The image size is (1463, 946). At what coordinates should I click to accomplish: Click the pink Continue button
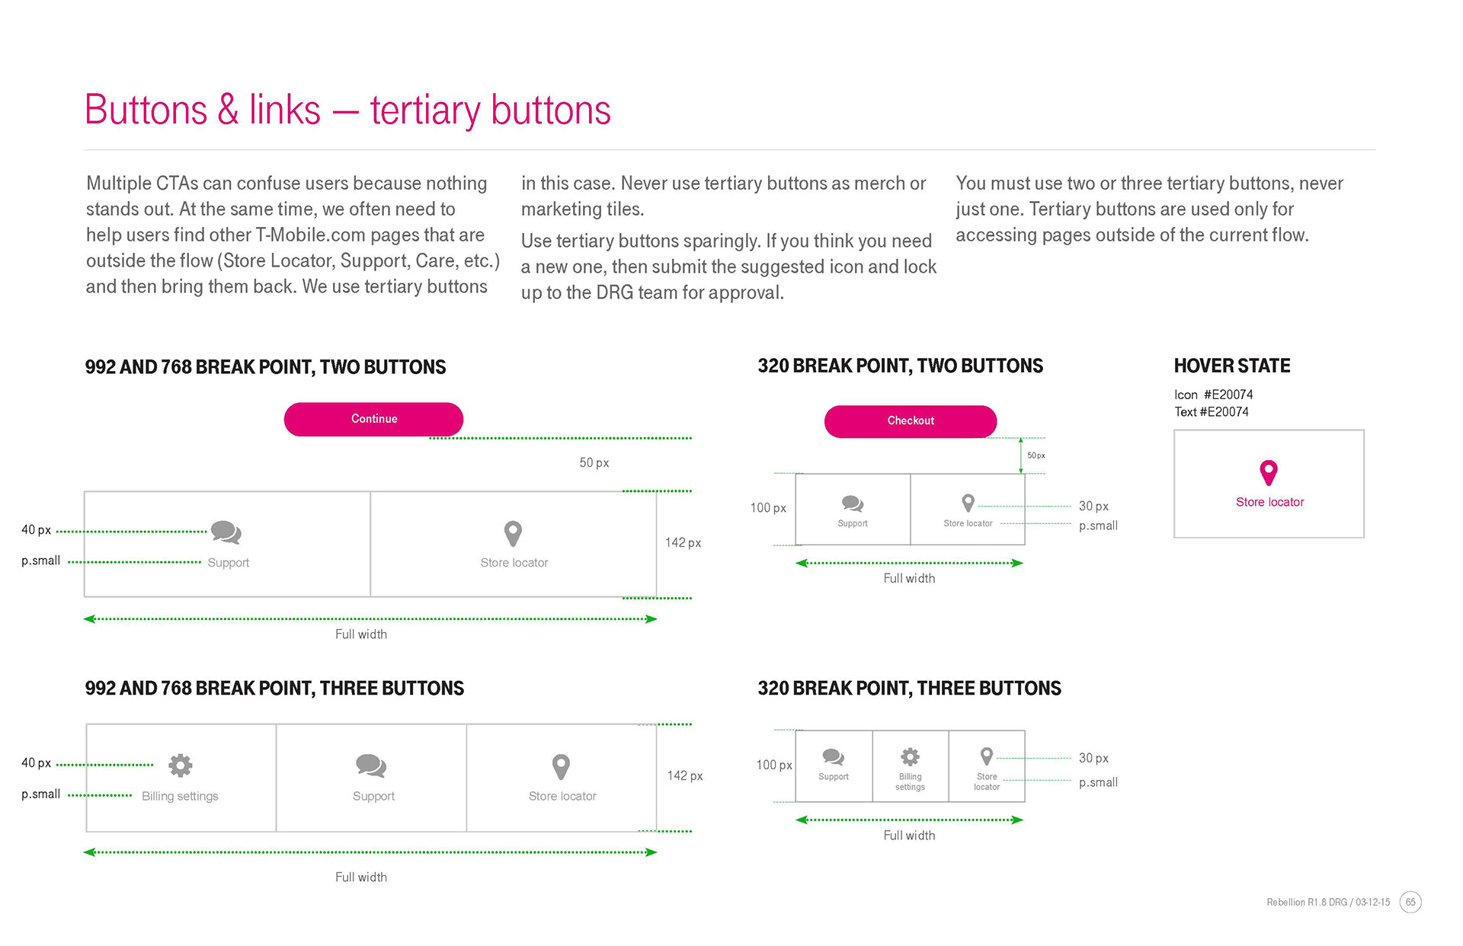pos(373,419)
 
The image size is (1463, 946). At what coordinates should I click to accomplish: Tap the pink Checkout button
pos(911,421)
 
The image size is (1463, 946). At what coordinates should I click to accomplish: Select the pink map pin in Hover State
pos(1269,472)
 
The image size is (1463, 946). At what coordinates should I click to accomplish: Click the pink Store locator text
pos(1269,502)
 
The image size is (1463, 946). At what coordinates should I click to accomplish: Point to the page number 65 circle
pos(1410,902)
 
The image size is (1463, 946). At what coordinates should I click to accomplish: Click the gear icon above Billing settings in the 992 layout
pos(181,765)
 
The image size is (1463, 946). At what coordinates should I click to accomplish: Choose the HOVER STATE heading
pos(1232,366)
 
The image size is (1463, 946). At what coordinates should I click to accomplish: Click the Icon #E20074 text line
pos(1213,395)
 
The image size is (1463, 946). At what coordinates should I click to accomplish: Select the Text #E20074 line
pos(1212,412)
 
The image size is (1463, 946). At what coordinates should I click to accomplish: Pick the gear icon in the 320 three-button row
pos(910,756)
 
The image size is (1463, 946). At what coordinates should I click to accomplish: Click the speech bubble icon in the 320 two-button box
pos(853,503)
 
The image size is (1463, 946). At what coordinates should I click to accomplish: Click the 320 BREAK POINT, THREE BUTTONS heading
pos(909,689)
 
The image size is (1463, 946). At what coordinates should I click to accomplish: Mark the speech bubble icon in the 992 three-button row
pos(371,765)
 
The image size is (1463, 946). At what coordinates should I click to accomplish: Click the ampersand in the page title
pos(228,110)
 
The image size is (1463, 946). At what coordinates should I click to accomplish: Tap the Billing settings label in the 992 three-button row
pos(180,796)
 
